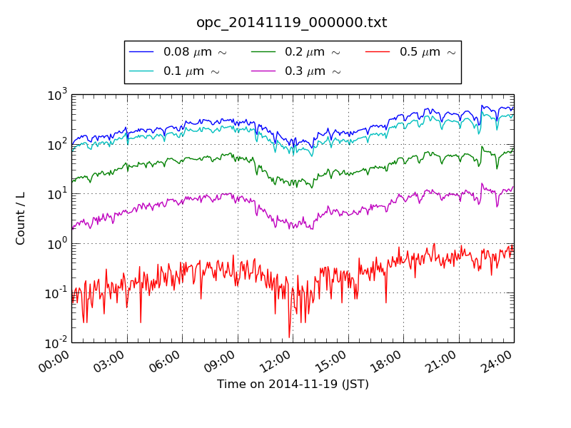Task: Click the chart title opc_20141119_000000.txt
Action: (x=291, y=23)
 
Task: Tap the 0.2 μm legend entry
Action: (x=312, y=52)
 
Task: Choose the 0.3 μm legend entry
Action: (x=312, y=71)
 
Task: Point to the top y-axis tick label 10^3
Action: (x=58, y=93)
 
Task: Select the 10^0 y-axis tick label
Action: (x=58, y=243)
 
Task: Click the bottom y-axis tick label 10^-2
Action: (x=56, y=342)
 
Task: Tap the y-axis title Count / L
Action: (x=21, y=218)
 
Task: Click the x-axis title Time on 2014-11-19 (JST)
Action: (x=293, y=384)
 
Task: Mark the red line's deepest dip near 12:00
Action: (x=289, y=337)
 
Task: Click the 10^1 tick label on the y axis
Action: (x=58, y=193)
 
